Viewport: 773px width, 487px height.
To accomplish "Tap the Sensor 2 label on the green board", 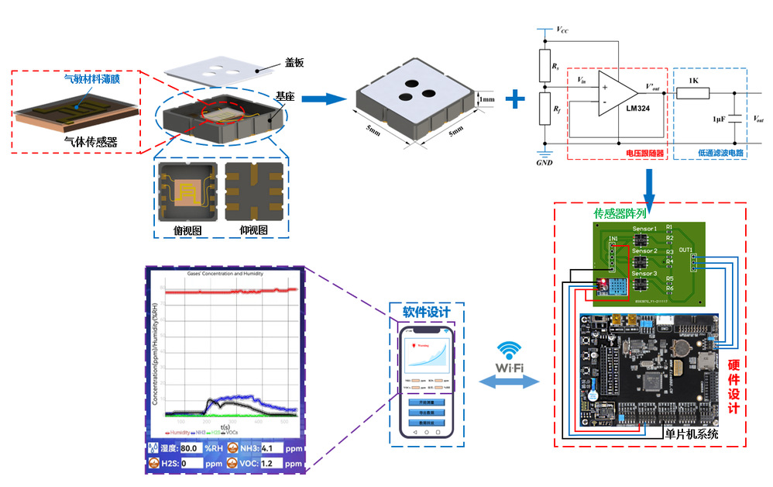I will click(644, 251).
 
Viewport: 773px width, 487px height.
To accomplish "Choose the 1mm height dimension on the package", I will click(486, 99).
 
